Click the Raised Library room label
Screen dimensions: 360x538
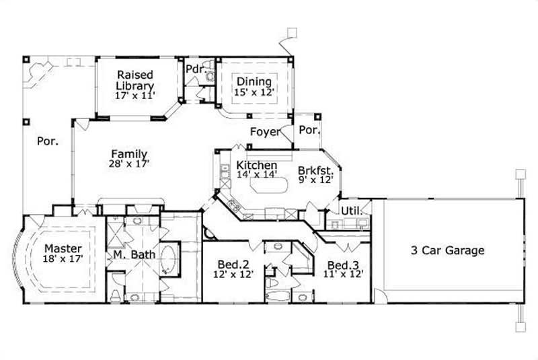135,80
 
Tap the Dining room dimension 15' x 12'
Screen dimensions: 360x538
254,92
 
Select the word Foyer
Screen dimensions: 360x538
264,131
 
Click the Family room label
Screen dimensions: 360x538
129,154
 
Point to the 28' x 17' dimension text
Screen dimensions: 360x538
129,164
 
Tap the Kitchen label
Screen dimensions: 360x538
256,165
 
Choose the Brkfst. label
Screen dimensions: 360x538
315,170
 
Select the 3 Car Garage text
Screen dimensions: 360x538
448,251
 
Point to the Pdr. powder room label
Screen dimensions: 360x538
195,69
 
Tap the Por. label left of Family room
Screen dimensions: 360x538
46,142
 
